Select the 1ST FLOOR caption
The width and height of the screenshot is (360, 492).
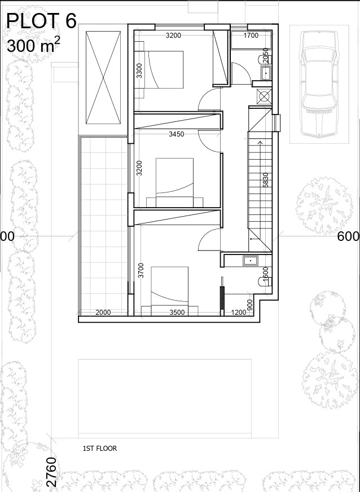coord(99,449)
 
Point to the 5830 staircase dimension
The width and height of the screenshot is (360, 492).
coord(265,181)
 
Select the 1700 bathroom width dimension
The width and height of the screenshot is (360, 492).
coord(251,36)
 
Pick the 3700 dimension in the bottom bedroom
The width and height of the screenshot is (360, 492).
coord(141,271)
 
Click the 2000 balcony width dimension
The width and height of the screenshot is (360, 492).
coord(103,312)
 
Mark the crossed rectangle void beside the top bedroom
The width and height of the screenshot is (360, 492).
coord(103,77)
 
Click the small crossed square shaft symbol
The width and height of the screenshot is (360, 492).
coord(264,96)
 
